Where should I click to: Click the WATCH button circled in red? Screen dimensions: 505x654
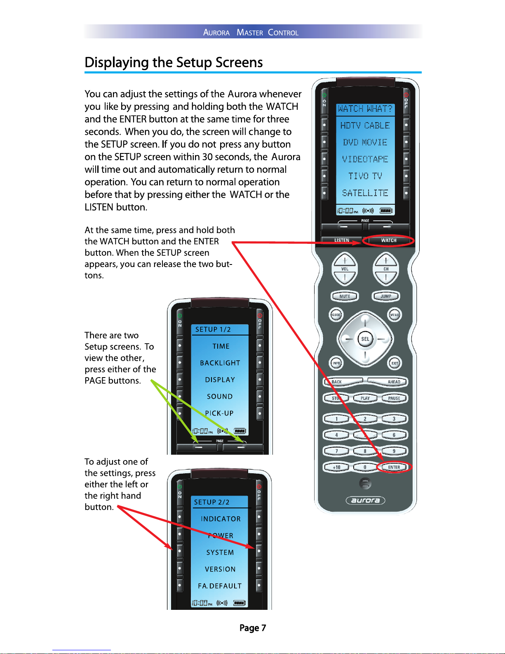coord(388,241)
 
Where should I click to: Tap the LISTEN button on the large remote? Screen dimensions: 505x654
coord(342,240)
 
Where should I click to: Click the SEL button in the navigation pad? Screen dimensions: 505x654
coord(365,339)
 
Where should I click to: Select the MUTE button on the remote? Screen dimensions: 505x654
coord(345,296)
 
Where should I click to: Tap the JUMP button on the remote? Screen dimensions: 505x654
coord(386,296)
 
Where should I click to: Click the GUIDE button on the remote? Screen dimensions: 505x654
coord(336,315)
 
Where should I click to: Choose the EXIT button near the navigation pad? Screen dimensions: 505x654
coord(395,363)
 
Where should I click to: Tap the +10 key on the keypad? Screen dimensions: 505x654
coord(336,467)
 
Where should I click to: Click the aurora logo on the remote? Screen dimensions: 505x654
coord(365,501)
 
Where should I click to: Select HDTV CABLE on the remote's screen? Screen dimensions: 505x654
coord(365,125)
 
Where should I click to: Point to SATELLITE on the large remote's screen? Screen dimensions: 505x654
coord(365,193)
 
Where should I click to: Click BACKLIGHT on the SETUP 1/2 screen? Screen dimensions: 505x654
coord(220,363)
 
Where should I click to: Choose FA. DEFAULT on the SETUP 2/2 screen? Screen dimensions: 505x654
coord(220,586)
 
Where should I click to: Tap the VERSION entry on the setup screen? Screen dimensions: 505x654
coord(220,569)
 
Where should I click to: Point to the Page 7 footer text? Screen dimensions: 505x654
coord(252,628)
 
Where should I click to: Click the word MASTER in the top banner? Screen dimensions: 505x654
coord(250,33)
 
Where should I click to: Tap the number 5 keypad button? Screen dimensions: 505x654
coord(365,435)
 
